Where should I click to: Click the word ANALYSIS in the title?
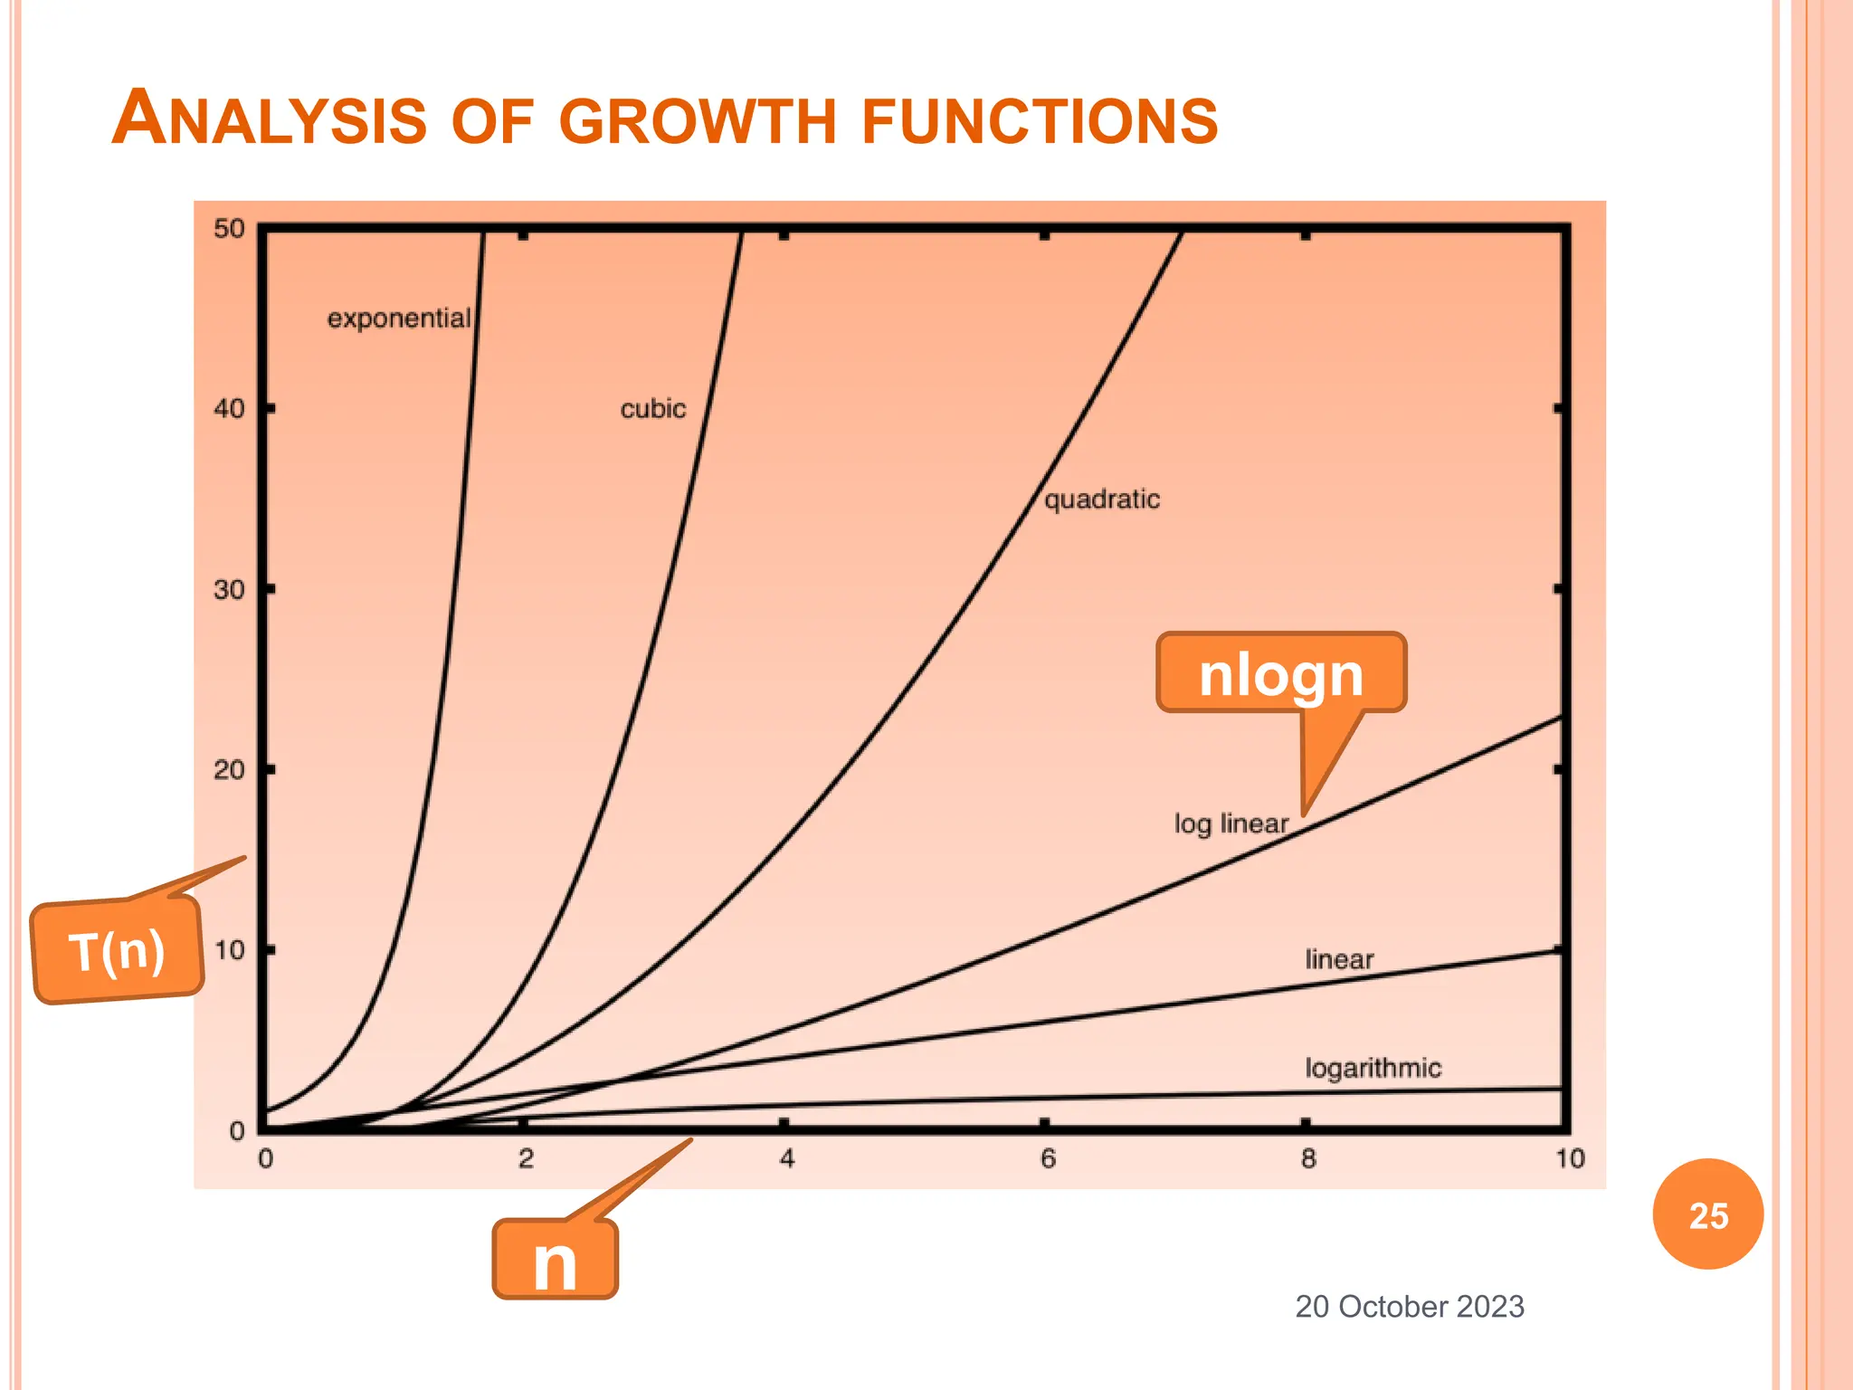point(269,119)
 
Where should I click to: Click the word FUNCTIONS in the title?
point(1040,121)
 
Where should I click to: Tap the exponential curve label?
point(398,319)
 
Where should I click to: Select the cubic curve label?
point(652,409)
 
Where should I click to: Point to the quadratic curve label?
point(1101,500)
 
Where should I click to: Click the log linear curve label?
point(1231,824)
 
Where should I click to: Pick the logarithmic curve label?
point(1373,1068)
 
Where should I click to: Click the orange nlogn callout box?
point(1280,674)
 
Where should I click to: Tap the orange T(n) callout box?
point(117,951)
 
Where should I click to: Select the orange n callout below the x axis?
point(555,1260)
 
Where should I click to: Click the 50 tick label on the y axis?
point(229,228)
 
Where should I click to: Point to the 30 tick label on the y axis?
point(229,590)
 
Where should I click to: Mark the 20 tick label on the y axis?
point(229,770)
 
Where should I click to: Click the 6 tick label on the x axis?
point(1048,1158)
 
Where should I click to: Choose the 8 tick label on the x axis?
point(1308,1158)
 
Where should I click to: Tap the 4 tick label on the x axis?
point(787,1158)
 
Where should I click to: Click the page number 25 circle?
point(1707,1214)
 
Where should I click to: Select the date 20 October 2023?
point(1409,1307)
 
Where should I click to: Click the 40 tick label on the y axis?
point(229,409)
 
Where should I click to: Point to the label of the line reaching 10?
point(1339,959)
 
